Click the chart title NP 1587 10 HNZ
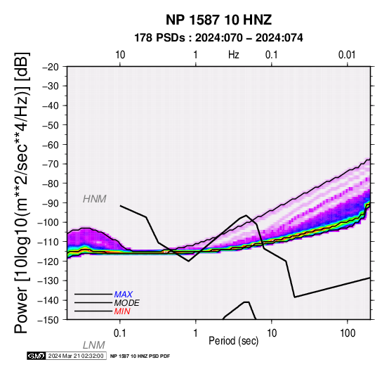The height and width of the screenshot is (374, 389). pyautogui.click(x=218, y=20)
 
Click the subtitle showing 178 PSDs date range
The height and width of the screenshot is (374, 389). pyautogui.click(x=218, y=38)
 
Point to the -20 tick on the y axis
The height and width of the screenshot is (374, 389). pyautogui.click(x=51, y=67)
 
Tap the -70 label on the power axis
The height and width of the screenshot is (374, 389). pyautogui.click(x=51, y=164)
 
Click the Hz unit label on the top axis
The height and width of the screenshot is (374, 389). pyautogui.click(x=233, y=55)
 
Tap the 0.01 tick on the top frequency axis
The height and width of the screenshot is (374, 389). pyautogui.click(x=347, y=55)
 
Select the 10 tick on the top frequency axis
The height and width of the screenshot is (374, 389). pyautogui.click(x=120, y=55)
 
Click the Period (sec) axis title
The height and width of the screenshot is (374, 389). pyautogui.click(x=233, y=341)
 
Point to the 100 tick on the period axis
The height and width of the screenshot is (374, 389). pyautogui.click(x=348, y=333)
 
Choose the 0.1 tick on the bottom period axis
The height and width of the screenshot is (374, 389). pyautogui.click(x=120, y=333)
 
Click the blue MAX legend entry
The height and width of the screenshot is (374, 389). pyautogui.click(x=124, y=295)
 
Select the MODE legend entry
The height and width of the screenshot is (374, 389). pyautogui.click(x=127, y=303)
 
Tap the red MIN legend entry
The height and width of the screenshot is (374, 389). pyautogui.click(x=122, y=311)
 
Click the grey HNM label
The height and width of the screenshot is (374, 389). pyautogui.click(x=95, y=199)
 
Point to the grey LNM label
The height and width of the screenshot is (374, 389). pyautogui.click(x=94, y=345)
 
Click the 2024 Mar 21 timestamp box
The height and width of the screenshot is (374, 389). pyautogui.click(x=76, y=356)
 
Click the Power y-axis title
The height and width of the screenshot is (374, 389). pyautogui.click(x=22, y=193)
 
